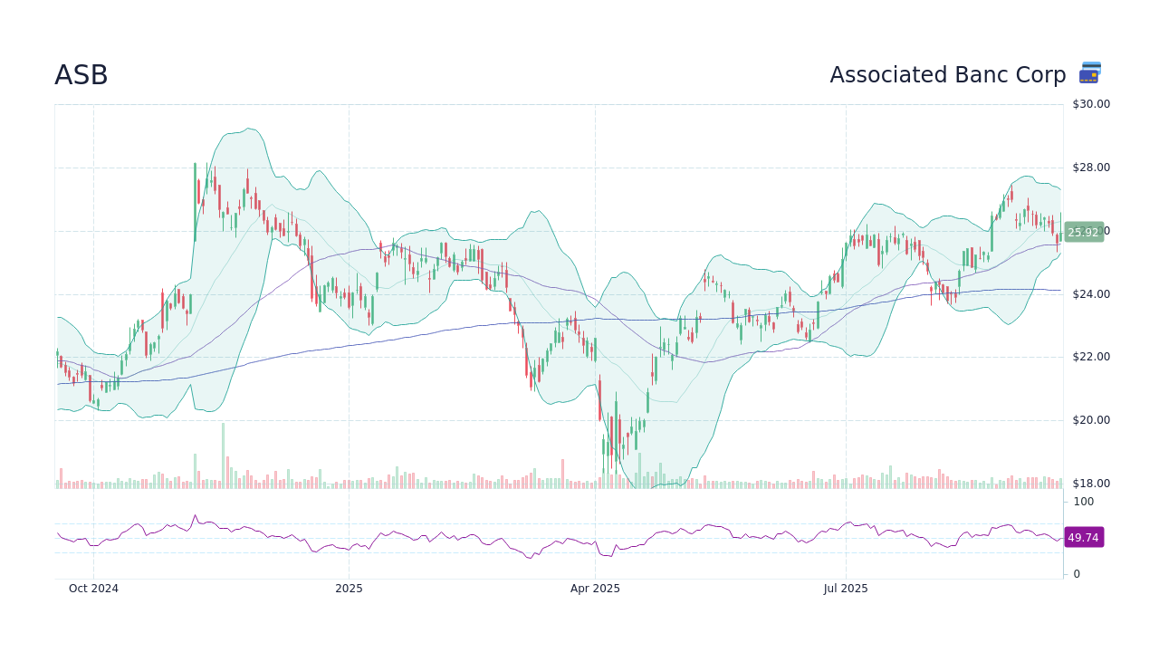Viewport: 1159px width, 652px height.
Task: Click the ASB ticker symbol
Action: click(81, 76)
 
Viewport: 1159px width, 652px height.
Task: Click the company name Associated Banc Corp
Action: click(947, 76)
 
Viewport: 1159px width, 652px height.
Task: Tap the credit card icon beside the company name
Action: click(1089, 73)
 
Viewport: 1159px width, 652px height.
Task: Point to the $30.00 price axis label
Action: click(1090, 104)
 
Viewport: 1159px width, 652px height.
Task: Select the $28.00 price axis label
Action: click(1090, 168)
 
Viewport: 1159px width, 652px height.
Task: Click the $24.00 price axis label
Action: click(1090, 294)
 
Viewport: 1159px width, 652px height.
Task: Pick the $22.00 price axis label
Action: click(1090, 357)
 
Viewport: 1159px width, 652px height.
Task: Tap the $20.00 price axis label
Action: click(1090, 420)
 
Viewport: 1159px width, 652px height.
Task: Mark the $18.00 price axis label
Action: click(1090, 484)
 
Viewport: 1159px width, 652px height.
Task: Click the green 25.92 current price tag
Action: click(1083, 233)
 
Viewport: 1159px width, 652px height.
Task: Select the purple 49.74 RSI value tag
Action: click(1083, 538)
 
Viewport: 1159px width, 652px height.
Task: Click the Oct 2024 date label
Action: click(93, 589)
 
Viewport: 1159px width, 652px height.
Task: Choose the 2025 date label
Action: click(349, 589)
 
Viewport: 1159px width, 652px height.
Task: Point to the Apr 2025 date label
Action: click(595, 589)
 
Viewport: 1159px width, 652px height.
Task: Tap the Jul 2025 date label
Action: click(846, 589)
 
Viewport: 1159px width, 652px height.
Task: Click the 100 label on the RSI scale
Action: click(1084, 502)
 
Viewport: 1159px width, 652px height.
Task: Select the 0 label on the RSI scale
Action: click(1077, 574)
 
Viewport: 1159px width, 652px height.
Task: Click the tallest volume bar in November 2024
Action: click(223, 455)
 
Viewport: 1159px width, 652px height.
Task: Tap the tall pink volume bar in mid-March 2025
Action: click(562, 474)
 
